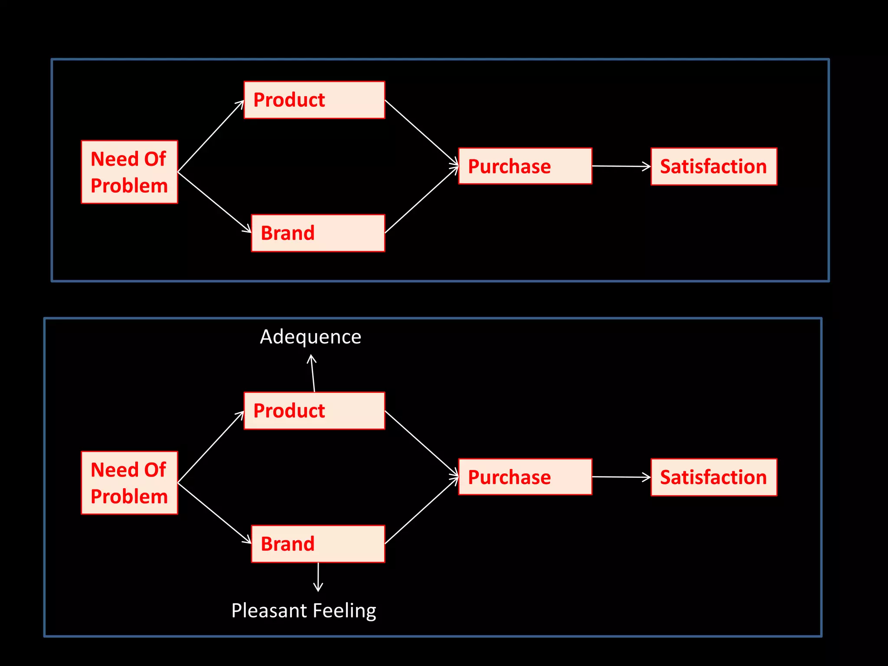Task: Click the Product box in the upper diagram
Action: (x=314, y=100)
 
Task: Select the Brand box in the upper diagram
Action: (x=318, y=233)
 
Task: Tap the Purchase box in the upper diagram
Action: (x=525, y=166)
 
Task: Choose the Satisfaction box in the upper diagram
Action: (x=714, y=166)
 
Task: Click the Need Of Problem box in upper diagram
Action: (x=129, y=172)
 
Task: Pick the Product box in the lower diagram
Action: (x=314, y=411)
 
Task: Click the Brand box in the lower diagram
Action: (x=318, y=544)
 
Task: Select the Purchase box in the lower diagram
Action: (x=525, y=477)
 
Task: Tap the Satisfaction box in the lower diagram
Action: (x=714, y=477)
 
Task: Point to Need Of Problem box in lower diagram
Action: (x=129, y=483)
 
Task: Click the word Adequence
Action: (x=310, y=337)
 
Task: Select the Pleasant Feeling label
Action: (x=304, y=610)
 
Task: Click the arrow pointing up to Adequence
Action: (x=313, y=373)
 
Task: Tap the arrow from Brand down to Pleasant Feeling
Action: (x=318, y=577)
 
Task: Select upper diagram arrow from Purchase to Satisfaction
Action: (x=621, y=166)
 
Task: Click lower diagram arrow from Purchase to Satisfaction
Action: (x=621, y=477)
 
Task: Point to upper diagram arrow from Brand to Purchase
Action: (x=421, y=200)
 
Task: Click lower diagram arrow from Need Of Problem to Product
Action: (x=211, y=447)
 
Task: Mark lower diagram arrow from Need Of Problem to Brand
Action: (x=215, y=513)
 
